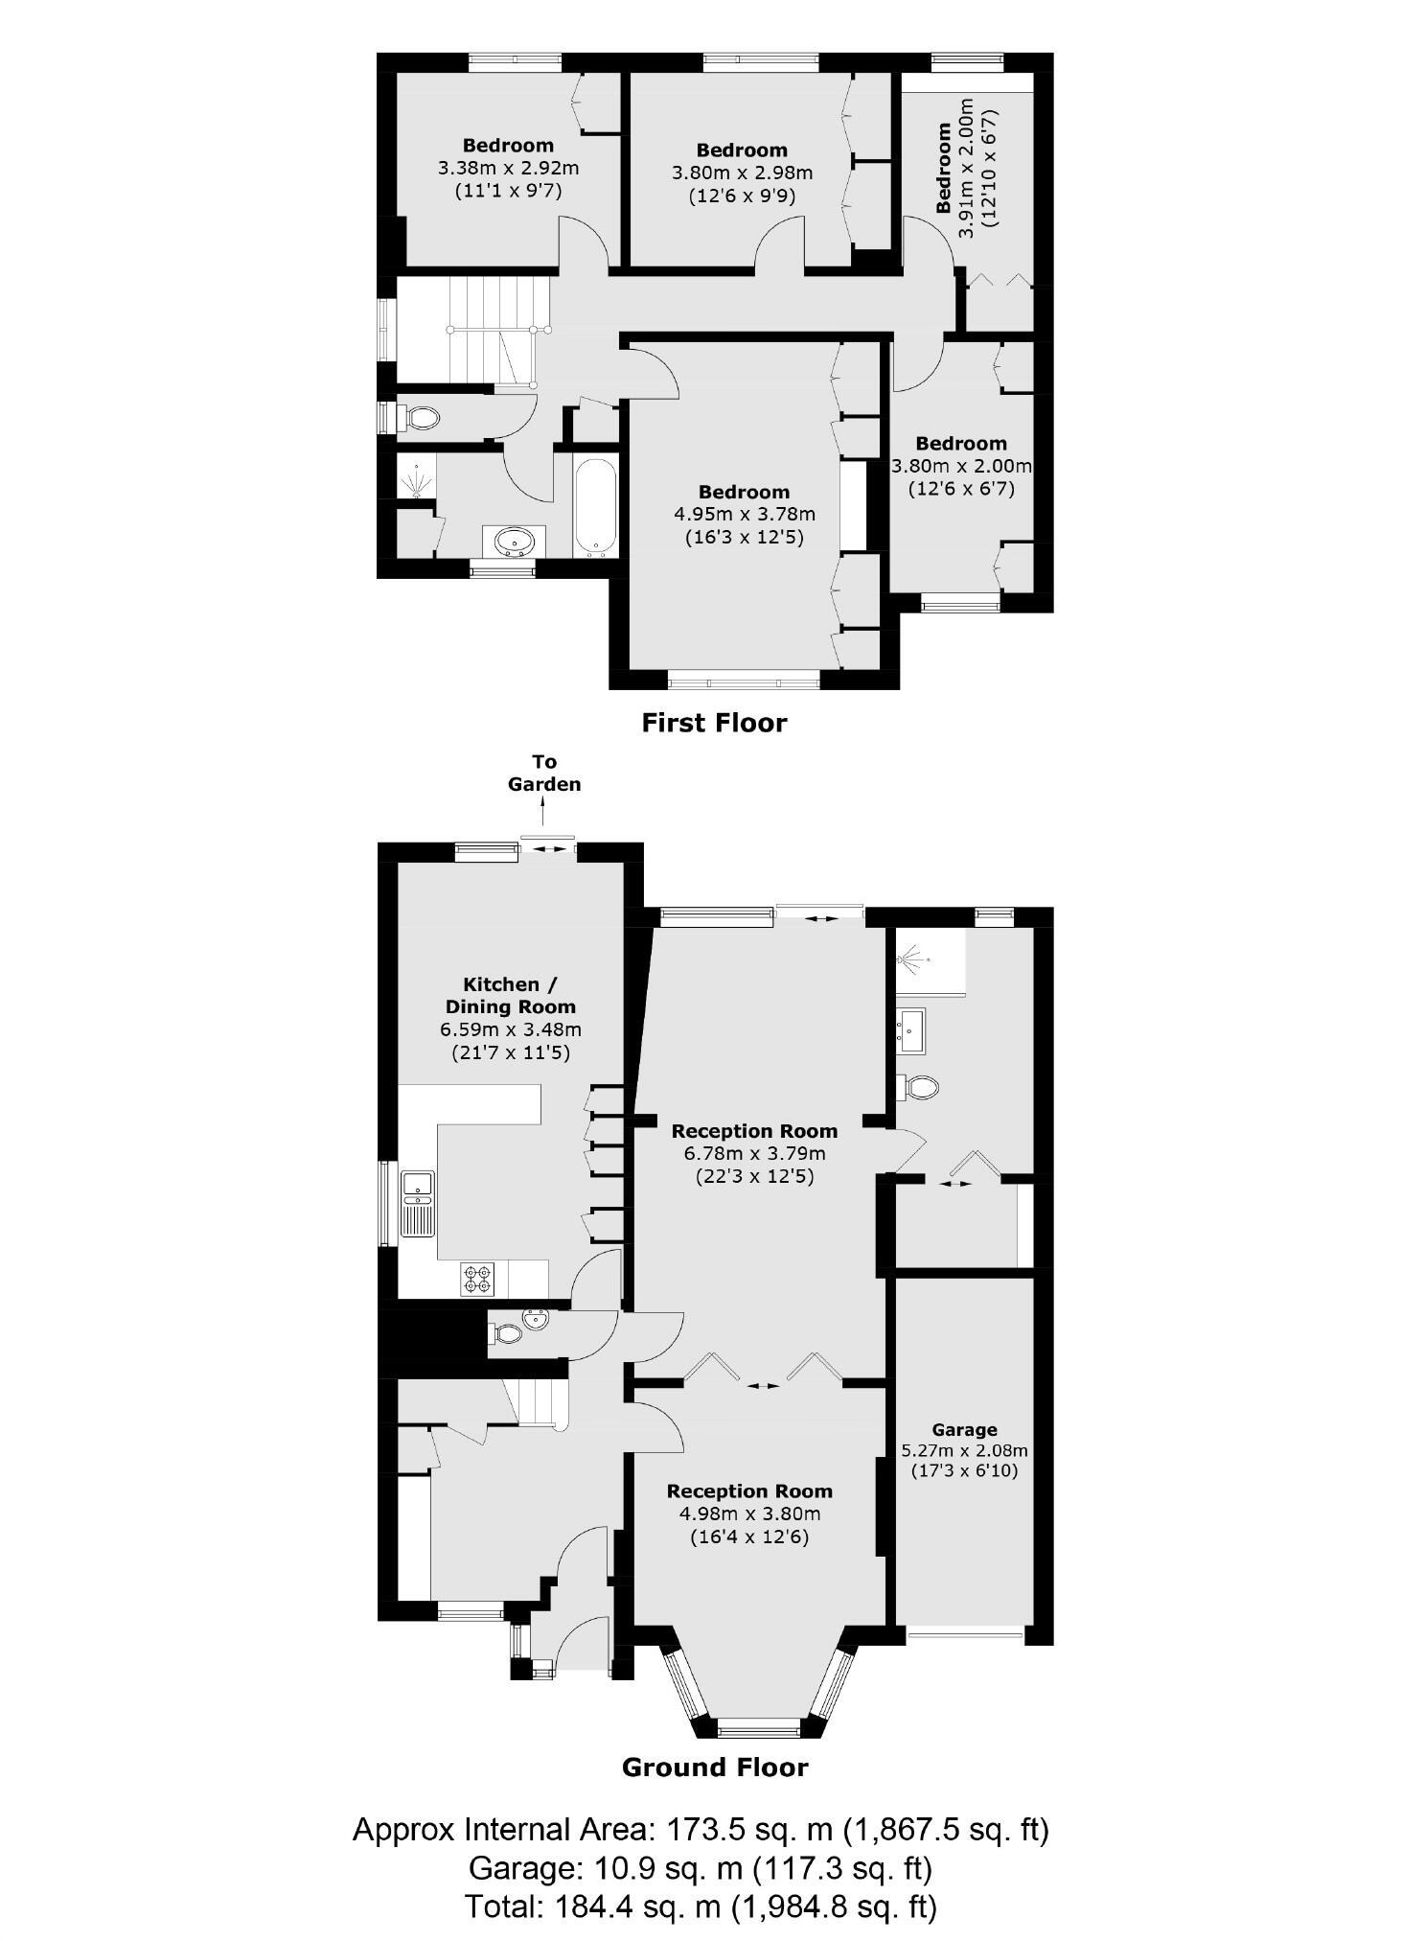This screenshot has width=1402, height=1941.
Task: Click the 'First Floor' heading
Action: (714, 723)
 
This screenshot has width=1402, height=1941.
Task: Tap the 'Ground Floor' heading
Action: (715, 1767)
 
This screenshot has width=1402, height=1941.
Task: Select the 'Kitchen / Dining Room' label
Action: (510, 995)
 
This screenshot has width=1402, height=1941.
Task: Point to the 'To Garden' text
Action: (544, 773)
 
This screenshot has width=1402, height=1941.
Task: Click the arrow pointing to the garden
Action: (544, 814)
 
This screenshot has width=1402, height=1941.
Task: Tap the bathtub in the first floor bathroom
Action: (595, 507)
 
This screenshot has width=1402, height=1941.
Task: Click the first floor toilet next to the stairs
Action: (419, 418)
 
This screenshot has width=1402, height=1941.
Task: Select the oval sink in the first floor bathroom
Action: (514, 542)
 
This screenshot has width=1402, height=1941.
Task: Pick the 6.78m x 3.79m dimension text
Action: (754, 1153)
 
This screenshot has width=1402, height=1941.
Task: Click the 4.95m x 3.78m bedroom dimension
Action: (744, 515)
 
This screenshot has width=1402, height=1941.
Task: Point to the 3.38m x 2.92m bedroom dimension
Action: (508, 168)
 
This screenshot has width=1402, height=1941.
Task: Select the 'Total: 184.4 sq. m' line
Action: (701, 1906)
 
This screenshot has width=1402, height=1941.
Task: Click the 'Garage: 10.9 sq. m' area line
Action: (701, 1868)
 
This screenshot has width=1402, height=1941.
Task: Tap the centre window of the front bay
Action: (758, 1727)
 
